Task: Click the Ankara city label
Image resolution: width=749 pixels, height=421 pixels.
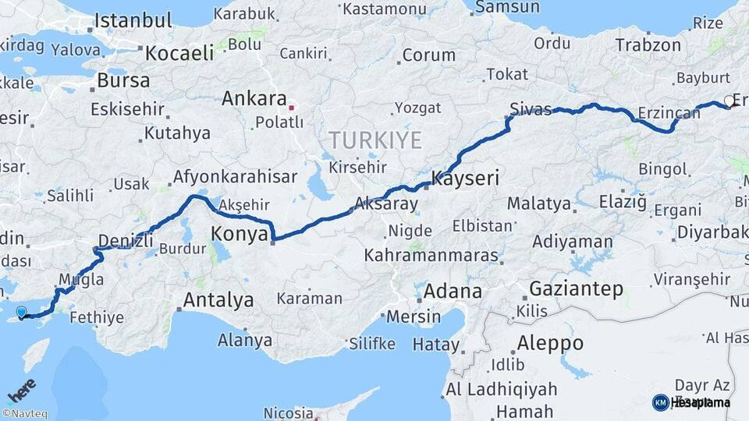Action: coord(254,99)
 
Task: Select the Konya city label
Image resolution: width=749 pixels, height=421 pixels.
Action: coord(240,234)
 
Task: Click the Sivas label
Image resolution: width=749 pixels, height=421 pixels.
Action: coord(531,108)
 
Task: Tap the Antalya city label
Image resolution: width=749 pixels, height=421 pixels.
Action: coord(218,299)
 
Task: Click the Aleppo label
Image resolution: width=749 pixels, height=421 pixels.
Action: coord(550,343)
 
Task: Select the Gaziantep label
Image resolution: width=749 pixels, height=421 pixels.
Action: coord(576,289)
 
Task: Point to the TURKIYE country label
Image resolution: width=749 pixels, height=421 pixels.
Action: coord(374,141)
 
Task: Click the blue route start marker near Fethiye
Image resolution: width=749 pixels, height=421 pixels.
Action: coord(21,313)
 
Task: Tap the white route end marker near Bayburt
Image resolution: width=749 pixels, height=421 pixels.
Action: coord(729,101)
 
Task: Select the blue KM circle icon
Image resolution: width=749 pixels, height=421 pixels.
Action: coord(660,402)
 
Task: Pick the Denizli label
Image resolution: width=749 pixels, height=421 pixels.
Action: coord(126,240)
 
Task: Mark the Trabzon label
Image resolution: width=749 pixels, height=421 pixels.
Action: coord(648,45)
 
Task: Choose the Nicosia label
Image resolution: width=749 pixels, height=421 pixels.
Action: coord(289,412)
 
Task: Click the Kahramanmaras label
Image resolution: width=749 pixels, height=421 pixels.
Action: coord(431,256)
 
